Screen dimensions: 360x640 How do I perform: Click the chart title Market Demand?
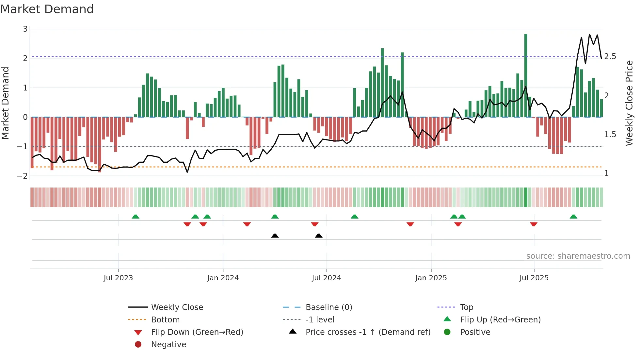[x=47, y=9]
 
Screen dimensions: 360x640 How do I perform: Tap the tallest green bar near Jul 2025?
[x=526, y=75]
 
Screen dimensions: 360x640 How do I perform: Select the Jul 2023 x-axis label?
[x=118, y=278]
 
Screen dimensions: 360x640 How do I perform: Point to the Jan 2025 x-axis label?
[x=431, y=278]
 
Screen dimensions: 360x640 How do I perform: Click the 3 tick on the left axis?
[x=25, y=29]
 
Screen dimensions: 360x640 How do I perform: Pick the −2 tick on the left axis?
[x=23, y=176]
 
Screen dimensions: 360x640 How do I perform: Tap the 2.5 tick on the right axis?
[x=610, y=57]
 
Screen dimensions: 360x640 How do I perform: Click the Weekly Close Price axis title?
[x=629, y=103]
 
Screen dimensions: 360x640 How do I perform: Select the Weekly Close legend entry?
[x=177, y=307]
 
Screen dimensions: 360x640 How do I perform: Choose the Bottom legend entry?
[x=165, y=319]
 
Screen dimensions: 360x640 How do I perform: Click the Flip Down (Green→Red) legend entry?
[x=197, y=332]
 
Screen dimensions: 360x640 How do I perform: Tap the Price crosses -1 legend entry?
[x=368, y=332]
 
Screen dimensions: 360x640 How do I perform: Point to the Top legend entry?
[x=467, y=307]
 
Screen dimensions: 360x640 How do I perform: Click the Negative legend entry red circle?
[x=138, y=344]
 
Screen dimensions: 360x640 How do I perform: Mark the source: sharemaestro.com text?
[x=578, y=256]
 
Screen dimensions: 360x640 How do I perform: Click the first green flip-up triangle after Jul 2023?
[x=136, y=217]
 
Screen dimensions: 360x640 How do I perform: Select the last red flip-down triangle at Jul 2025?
[x=534, y=224]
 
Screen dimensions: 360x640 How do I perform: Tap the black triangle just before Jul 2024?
[x=319, y=236]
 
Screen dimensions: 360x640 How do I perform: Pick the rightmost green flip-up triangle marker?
[x=573, y=217]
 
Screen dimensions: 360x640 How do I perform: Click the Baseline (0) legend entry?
[x=328, y=307]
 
